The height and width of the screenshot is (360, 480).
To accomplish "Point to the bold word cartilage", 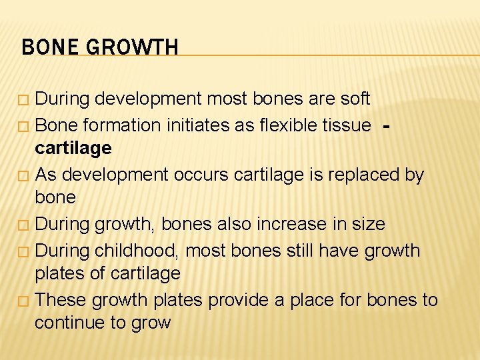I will tap(73, 147).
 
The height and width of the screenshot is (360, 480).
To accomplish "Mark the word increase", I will tap(296, 224).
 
